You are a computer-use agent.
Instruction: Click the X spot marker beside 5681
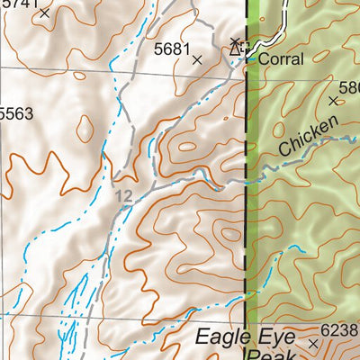(197, 59)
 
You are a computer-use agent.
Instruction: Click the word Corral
(283, 59)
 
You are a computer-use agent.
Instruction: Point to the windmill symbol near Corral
(237, 46)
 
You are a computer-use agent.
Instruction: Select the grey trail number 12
(123, 195)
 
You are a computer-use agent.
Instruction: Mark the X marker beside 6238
(313, 343)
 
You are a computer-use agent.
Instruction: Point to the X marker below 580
(333, 101)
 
